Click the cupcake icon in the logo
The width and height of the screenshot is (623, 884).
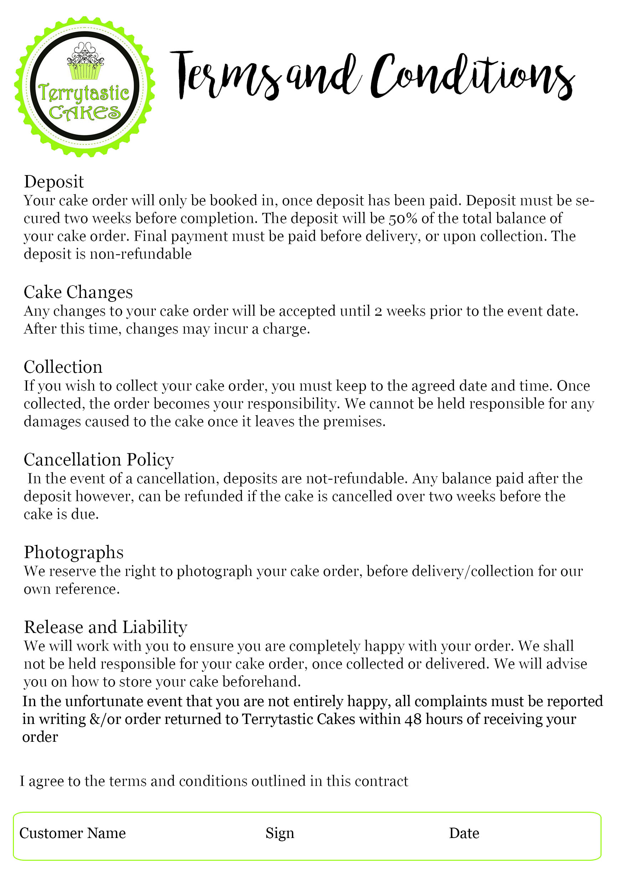point(85,62)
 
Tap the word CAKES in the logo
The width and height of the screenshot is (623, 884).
point(85,113)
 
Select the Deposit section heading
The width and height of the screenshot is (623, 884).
point(54,182)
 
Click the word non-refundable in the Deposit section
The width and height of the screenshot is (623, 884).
point(140,254)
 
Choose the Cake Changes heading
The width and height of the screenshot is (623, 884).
point(78,292)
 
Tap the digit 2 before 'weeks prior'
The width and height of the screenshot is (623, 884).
point(378,312)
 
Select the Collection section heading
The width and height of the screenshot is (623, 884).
point(63,367)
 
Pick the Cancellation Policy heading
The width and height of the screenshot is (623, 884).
point(99,460)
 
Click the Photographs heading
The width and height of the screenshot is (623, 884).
point(74,552)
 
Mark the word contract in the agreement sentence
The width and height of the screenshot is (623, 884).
point(381,781)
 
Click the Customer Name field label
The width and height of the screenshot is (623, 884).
point(73,833)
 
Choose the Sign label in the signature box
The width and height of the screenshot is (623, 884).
point(280,833)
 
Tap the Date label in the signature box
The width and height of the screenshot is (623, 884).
point(464,833)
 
